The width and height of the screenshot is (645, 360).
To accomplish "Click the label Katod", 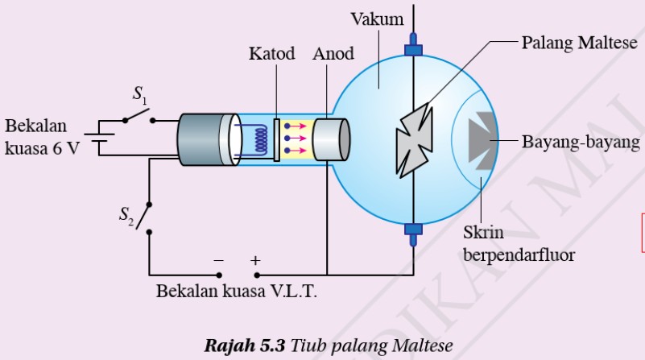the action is click(271, 53).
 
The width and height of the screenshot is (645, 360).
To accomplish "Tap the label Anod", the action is click(333, 53).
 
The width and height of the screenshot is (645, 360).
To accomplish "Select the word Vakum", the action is click(377, 19).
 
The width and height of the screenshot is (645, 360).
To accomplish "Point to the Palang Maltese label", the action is click(579, 43).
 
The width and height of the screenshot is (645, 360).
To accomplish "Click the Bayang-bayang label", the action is click(581, 143).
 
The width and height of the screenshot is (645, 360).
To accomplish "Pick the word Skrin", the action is click(483, 233).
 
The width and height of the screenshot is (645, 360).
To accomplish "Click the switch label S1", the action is click(140, 94).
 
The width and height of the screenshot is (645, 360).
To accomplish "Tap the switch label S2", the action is click(126, 216).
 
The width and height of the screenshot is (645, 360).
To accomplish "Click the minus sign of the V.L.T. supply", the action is click(218, 260).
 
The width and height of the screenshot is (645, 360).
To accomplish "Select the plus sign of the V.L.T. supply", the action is click(255, 260).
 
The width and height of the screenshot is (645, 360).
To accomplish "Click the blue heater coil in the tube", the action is click(260, 140).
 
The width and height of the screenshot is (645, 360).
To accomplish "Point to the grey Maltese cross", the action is click(414, 140).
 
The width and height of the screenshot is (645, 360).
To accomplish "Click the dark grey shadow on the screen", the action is click(482, 141).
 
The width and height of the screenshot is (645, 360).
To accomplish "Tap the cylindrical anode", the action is click(331, 139).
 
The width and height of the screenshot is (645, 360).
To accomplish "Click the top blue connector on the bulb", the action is click(413, 45).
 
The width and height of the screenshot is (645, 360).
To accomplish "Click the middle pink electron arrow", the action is click(296, 139).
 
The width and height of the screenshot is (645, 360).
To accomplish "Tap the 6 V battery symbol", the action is click(99, 138).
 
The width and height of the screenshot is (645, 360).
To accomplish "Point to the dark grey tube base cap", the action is click(201, 140).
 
